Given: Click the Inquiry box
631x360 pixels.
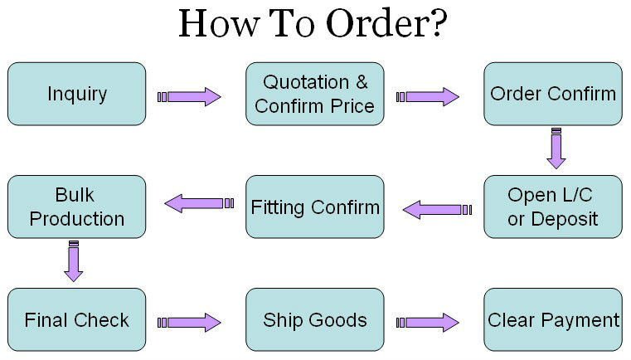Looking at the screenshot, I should (x=76, y=94).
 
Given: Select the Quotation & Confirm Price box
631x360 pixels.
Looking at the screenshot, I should (x=314, y=94).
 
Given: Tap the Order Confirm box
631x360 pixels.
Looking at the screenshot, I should (x=553, y=94).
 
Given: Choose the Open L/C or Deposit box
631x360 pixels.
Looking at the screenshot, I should (x=553, y=207).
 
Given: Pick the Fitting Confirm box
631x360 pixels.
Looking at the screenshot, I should (x=314, y=207).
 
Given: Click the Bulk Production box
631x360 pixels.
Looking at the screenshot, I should (x=76, y=207).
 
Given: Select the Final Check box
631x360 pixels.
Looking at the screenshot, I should (x=76, y=320).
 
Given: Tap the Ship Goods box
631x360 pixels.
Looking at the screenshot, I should (x=314, y=320).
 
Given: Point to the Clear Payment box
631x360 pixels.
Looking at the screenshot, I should (x=553, y=320).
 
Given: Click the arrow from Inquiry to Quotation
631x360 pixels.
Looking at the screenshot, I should (x=190, y=97).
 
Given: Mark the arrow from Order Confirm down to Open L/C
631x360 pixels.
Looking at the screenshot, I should (x=556, y=148).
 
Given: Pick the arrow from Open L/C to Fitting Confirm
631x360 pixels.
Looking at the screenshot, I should (x=436, y=210).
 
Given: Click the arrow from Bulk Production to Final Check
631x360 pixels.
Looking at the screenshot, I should (x=74, y=261).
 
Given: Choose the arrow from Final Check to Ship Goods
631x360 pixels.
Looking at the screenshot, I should (x=190, y=322).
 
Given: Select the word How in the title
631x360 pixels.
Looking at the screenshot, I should (x=212, y=25).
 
